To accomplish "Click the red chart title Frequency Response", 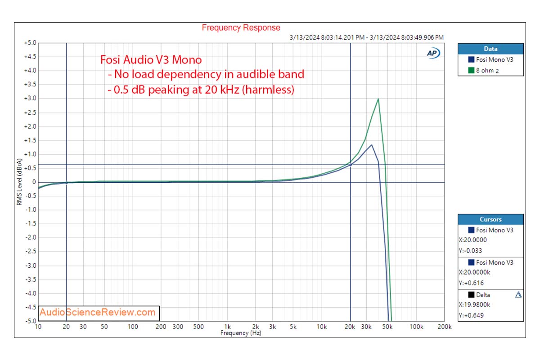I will (x=241, y=28).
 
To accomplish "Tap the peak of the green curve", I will (x=378, y=99).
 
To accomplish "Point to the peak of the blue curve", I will (x=371, y=145).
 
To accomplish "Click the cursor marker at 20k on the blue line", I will (x=351, y=165).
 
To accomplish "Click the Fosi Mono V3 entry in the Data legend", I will (x=494, y=59).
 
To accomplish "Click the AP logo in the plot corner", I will (x=433, y=53).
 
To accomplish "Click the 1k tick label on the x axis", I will (x=228, y=327).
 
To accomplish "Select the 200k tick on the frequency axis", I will (x=444, y=327).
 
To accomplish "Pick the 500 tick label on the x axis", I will (x=198, y=327).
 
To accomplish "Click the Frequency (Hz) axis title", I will (x=241, y=333).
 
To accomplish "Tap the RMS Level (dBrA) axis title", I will (x=19, y=182).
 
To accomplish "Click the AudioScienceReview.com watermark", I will (x=97, y=312).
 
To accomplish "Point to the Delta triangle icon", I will (x=518, y=295).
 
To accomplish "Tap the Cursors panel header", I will (x=490, y=220).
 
